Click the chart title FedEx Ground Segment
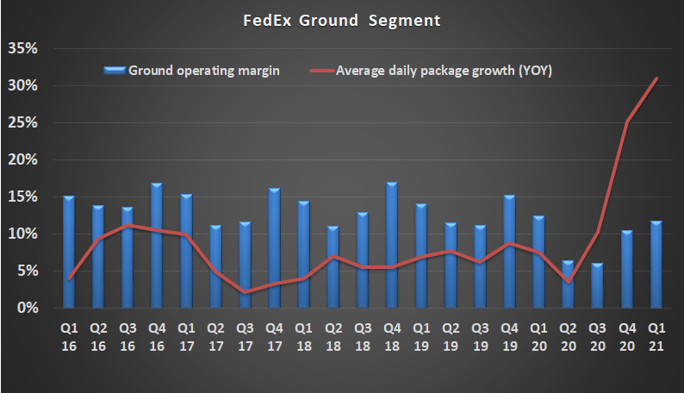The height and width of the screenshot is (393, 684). coord(341,20)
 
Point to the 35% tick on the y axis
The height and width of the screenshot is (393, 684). coord(22,48)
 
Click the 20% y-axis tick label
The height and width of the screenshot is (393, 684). coord(22,159)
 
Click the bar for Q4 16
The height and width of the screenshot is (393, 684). coord(157,246)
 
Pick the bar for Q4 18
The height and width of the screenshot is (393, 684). coord(392,246)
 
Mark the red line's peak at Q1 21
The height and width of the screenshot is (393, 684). coord(656,78)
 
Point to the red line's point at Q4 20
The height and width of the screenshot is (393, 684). coord(627,122)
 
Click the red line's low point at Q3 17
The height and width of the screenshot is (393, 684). coord(246,292)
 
